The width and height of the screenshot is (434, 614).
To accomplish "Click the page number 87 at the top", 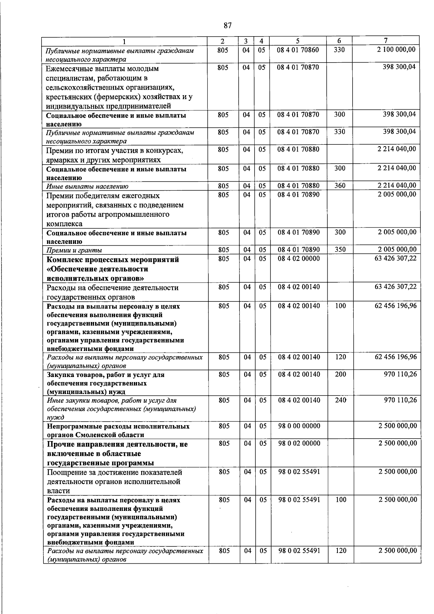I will (227, 25).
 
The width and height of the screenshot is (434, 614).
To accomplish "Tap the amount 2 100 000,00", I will (396, 49).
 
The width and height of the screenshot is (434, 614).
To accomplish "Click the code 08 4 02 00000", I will (299, 258).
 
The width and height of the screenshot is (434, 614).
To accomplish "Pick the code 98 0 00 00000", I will (299, 426).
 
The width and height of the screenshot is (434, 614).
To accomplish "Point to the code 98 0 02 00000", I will (299, 443).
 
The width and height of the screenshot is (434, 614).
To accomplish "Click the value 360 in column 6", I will (340, 186).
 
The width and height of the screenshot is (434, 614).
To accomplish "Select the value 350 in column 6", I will (340, 249).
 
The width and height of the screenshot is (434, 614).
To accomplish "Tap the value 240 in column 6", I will (340, 400).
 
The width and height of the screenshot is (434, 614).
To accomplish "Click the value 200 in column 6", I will (340, 374).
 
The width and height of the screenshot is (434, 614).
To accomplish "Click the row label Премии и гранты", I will (74, 250).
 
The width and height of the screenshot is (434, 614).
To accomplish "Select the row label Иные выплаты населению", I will (87, 186).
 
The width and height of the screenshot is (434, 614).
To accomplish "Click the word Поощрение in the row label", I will (66, 473).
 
